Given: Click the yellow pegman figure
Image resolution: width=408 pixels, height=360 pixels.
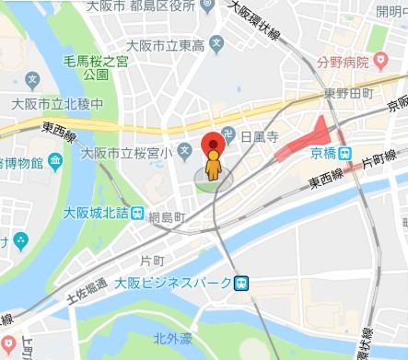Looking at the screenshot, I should coord(214,169).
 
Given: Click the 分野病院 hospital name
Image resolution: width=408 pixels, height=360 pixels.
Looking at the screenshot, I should coord(334,64).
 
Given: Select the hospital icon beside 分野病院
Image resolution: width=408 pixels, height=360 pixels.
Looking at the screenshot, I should coord(378,63).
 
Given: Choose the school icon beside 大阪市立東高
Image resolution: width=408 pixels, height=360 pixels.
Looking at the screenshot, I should coord(216,41).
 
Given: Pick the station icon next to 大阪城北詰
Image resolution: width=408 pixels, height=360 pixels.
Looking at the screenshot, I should coord(136,215).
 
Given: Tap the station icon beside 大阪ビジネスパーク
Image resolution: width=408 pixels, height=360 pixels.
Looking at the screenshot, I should coord(240,283).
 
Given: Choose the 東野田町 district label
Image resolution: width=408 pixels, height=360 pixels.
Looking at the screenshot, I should coord(347,93).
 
